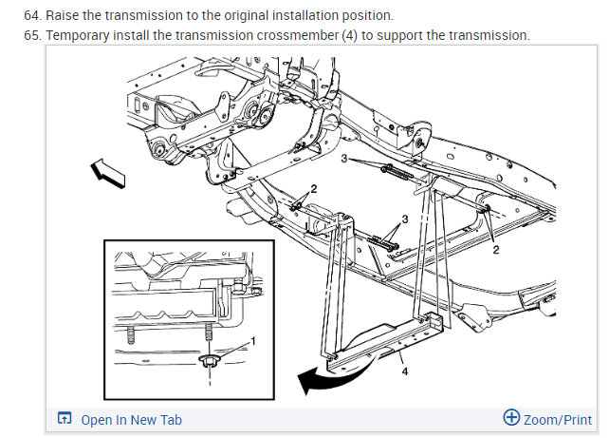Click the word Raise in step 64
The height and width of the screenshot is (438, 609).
pos(46,16)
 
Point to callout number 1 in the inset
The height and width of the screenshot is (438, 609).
pos(252,341)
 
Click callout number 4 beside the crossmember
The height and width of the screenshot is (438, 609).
pos(404,371)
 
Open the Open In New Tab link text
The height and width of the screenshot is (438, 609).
pos(131,420)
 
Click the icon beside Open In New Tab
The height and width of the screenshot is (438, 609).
pos(65,419)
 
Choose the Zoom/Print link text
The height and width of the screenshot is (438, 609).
pos(558,419)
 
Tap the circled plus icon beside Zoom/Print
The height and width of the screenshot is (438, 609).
pos(511,418)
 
